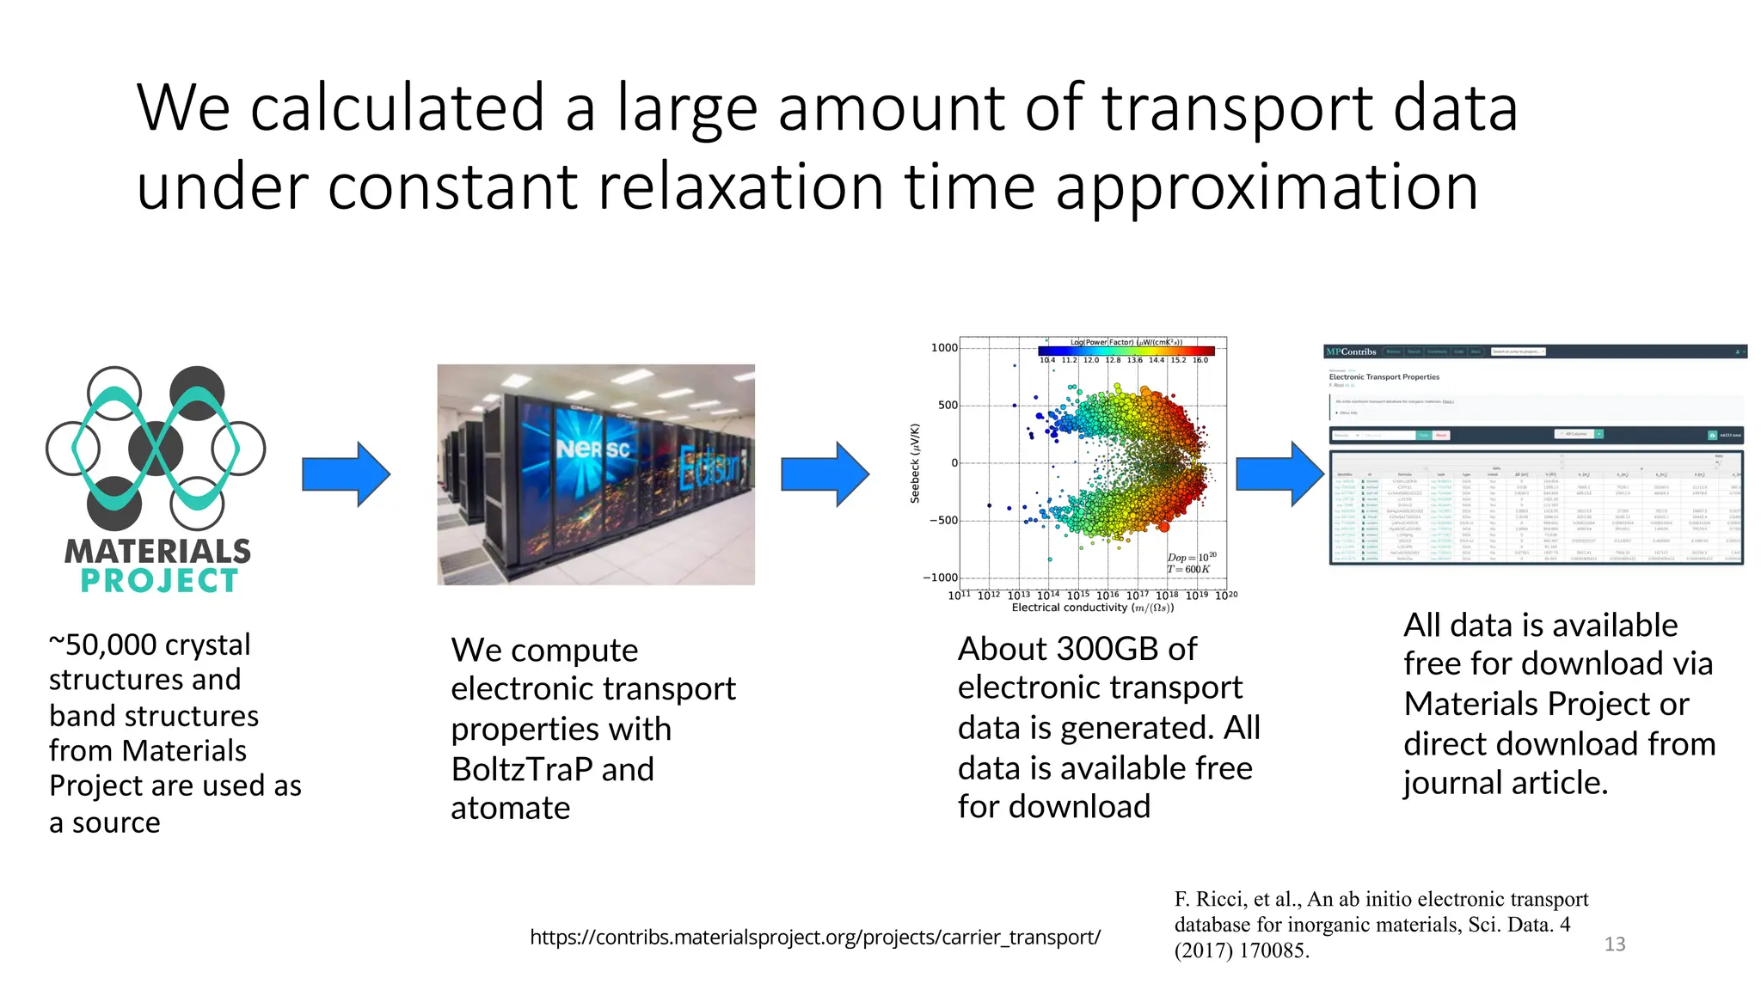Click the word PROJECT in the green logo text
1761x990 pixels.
(159, 582)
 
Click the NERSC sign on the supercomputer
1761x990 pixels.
(592, 449)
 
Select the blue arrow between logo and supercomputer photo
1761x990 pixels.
(347, 474)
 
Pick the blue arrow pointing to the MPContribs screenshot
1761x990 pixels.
(1279, 474)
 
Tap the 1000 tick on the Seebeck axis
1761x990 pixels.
(944, 348)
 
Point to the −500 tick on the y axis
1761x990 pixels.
(943, 521)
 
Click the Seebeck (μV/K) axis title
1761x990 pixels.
(915, 463)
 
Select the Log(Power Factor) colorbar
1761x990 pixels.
(1126, 351)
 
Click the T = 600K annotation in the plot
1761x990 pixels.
(1188, 570)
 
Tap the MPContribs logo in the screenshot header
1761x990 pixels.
(1351, 351)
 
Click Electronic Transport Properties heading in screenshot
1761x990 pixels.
(1384, 377)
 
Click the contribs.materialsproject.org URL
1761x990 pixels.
(814, 937)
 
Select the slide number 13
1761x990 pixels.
(1614, 944)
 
